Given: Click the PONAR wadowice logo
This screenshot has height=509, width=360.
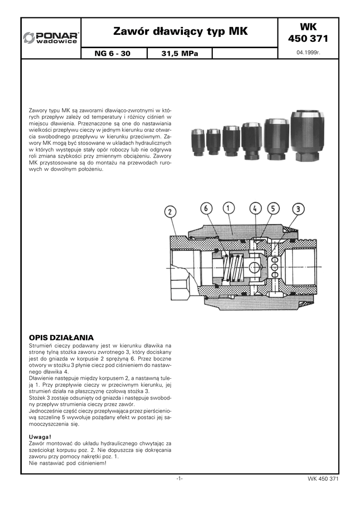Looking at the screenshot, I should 51,38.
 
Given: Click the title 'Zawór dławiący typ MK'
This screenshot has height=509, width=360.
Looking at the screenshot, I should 180,32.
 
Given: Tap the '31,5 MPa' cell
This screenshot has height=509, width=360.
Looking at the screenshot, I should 180,53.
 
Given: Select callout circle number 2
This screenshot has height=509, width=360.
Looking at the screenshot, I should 170,212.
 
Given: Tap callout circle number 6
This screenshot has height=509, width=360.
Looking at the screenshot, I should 206,208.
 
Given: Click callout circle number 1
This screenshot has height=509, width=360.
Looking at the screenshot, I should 229,208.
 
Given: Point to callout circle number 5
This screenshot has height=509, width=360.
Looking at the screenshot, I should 273,208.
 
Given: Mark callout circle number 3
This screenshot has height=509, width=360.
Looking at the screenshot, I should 297,209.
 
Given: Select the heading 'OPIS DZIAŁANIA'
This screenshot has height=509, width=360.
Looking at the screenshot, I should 62,337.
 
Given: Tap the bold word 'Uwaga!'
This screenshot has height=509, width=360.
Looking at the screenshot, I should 40,436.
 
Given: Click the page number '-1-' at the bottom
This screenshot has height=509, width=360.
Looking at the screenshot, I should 180,479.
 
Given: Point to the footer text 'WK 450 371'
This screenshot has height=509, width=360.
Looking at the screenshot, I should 323,479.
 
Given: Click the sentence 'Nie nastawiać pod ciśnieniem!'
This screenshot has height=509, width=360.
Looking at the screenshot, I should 68,463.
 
